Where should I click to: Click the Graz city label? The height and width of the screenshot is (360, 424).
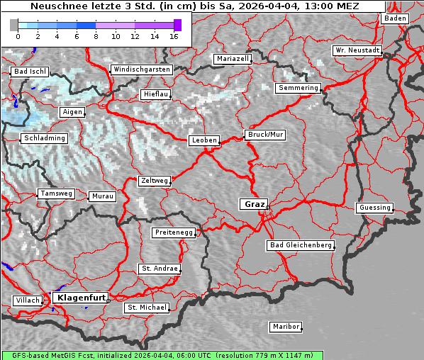pyautogui.click(x=254, y=204)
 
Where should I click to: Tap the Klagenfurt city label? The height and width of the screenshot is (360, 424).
pyautogui.click(x=81, y=298)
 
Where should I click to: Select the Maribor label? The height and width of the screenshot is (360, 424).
pyautogui.click(x=286, y=327)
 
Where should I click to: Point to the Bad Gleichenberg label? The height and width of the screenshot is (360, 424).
pyautogui.click(x=300, y=245)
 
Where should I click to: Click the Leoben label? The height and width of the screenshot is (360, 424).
pyautogui.click(x=204, y=140)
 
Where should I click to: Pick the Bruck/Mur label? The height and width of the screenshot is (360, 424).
pyautogui.click(x=264, y=134)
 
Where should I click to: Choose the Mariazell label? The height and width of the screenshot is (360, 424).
pyautogui.click(x=233, y=59)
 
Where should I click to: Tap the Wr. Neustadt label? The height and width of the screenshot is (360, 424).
pyautogui.click(x=357, y=50)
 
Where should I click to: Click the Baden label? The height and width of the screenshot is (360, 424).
pyautogui.click(x=395, y=18)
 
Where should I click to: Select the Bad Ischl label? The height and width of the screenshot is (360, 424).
pyautogui.click(x=30, y=72)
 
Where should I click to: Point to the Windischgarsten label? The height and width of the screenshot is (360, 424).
pyautogui.click(x=141, y=69)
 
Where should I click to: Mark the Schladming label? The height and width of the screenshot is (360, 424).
pyautogui.click(x=44, y=138)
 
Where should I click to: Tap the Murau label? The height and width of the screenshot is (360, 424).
pyautogui.click(x=103, y=196)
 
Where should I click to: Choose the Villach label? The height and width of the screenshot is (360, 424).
pyautogui.click(x=27, y=300)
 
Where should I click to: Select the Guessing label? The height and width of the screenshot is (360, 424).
pyautogui.click(x=374, y=208)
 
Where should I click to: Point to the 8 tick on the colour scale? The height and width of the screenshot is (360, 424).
pyautogui.click(x=96, y=35)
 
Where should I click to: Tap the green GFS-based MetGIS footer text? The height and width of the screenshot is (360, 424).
pyautogui.click(x=162, y=355)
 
